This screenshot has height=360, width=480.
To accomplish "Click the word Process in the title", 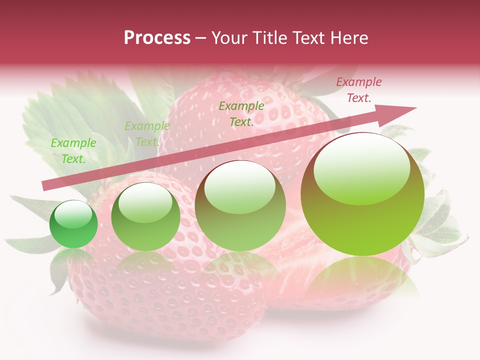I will click(x=157, y=38).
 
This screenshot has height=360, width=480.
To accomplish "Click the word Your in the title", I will click(x=230, y=38).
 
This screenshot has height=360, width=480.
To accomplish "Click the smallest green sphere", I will click(x=73, y=224).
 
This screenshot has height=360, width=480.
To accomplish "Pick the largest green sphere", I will click(x=362, y=194).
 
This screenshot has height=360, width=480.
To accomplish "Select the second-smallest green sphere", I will click(x=145, y=216).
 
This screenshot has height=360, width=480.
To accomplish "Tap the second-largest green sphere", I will click(x=240, y=205).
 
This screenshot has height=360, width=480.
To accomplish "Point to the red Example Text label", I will click(x=358, y=90).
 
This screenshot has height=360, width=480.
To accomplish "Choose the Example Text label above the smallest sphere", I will click(x=73, y=151).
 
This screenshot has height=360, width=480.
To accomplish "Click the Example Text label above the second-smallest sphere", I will click(x=147, y=134).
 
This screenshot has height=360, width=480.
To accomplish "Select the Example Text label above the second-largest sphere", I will click(x=241, y=114).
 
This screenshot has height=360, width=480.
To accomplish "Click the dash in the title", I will click(x=200, y=38).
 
